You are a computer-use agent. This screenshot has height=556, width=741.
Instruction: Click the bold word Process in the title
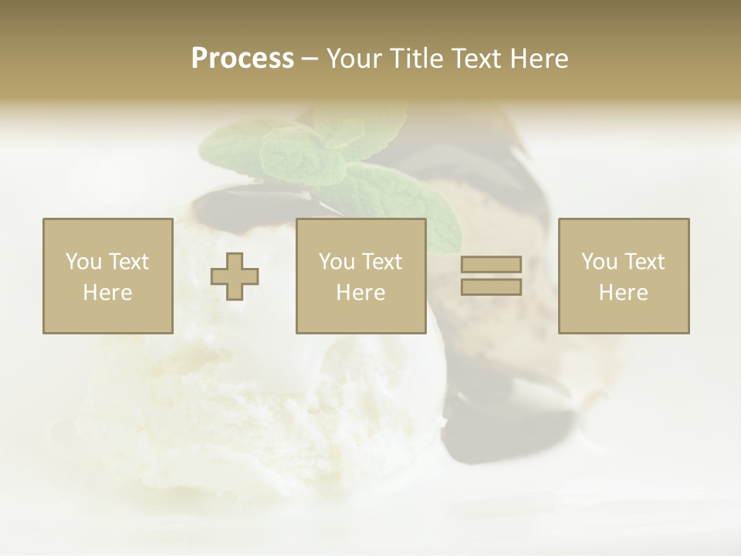coord(242,59)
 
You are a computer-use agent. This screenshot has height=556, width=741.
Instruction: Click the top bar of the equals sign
coord(491,264)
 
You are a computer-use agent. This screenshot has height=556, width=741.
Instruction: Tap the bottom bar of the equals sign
coord(491,286)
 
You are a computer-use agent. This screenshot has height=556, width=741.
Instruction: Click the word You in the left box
coord(82,262)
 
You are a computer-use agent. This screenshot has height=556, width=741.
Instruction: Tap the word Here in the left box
coord(108,292)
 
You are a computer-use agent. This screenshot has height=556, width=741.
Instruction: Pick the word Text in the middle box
coord(381,262)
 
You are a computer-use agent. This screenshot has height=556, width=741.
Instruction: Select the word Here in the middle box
coord(361,292)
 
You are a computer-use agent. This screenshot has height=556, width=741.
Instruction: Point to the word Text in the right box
coord(644,262)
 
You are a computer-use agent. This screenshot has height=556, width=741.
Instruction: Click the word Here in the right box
coord(624,292)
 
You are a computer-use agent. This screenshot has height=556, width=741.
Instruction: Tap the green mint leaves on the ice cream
coord(332,154)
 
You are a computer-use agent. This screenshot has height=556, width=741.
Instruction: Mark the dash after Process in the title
coord(310,59)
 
